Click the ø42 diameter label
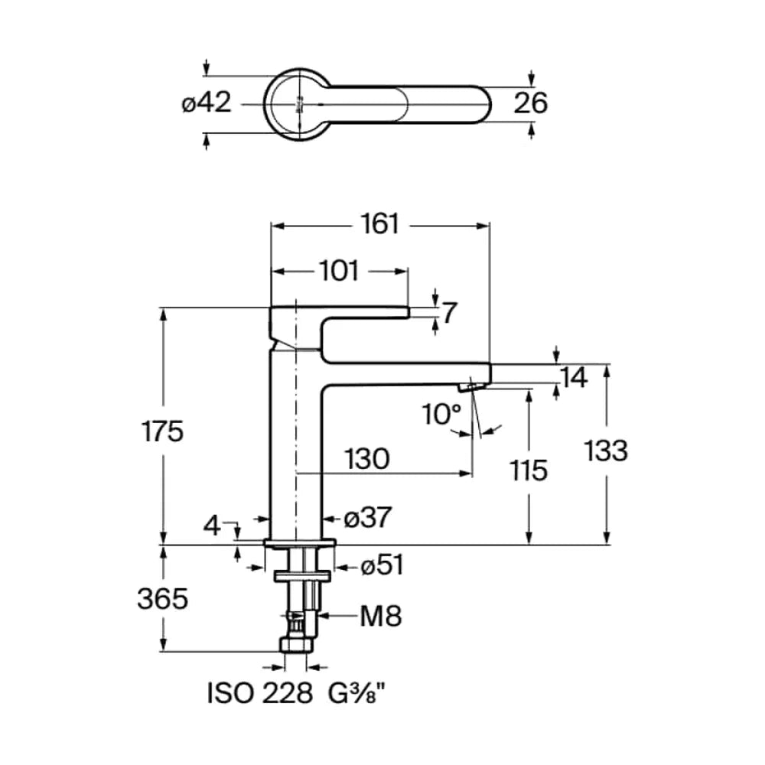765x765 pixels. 207,103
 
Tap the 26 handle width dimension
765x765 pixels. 530,103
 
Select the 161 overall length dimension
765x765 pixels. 380,224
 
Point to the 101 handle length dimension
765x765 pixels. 339,271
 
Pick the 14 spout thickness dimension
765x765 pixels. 574,378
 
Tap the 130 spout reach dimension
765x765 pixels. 367,459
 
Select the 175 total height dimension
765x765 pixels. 162,431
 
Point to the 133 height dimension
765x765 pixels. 606,451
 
